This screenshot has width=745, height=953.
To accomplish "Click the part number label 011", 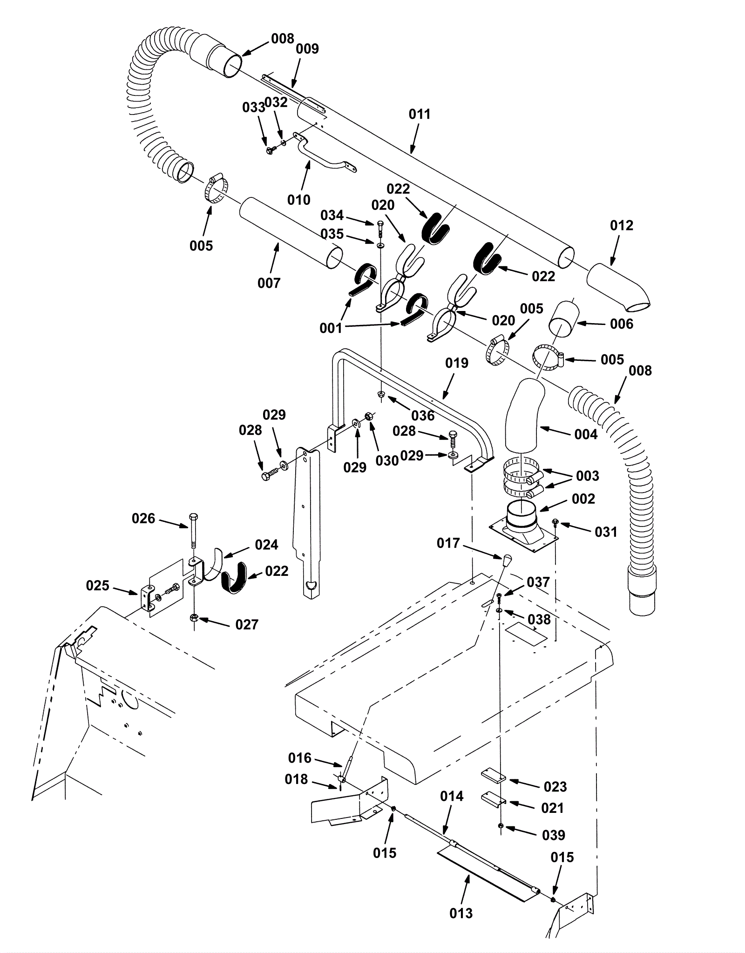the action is coord(420,114).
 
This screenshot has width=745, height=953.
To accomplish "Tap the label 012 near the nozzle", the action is coord(622,225).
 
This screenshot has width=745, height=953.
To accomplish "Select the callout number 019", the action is coord(457,363).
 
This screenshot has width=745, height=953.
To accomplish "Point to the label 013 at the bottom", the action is coord(461,913).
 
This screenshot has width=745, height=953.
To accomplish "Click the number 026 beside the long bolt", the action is coord(143,518).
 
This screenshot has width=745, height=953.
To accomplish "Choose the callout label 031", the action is coord(606,532).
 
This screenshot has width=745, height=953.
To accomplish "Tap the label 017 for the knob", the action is coord(448,543).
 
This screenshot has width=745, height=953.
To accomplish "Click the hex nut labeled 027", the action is coord(194,618).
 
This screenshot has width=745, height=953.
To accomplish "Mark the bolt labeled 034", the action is coord(380,229).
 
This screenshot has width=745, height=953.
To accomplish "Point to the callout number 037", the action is coord(538,582).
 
